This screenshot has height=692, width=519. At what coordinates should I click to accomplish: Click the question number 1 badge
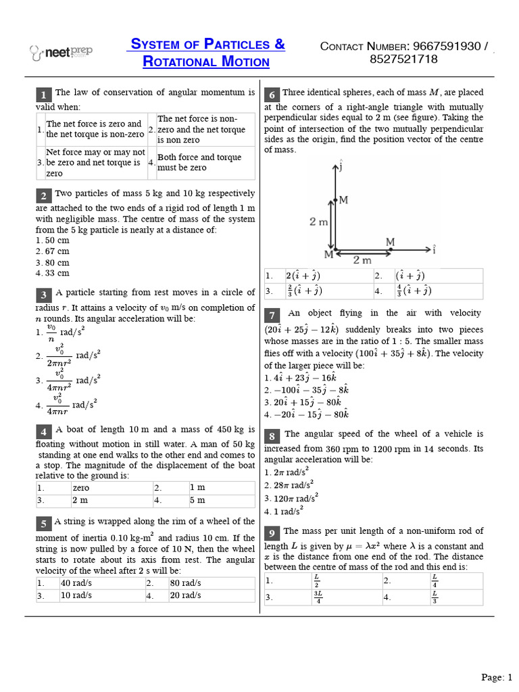click(43, 94)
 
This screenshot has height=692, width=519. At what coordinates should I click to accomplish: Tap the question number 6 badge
click(272, 94)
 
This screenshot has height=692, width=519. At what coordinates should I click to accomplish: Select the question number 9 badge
click(272, 532)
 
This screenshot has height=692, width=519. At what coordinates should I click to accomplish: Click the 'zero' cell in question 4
click(80, 487)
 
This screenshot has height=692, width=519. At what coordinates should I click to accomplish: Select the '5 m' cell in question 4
click(197, 500)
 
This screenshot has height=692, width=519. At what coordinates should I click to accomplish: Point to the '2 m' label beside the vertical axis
click(319, 221)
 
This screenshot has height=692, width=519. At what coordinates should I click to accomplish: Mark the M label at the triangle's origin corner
click(328, 254)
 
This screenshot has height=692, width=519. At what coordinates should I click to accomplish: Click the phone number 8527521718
click(403, 59)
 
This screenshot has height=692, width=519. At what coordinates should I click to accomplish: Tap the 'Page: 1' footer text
click(497, 677)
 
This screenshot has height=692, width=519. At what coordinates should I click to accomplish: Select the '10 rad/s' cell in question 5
click(77, 595)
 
